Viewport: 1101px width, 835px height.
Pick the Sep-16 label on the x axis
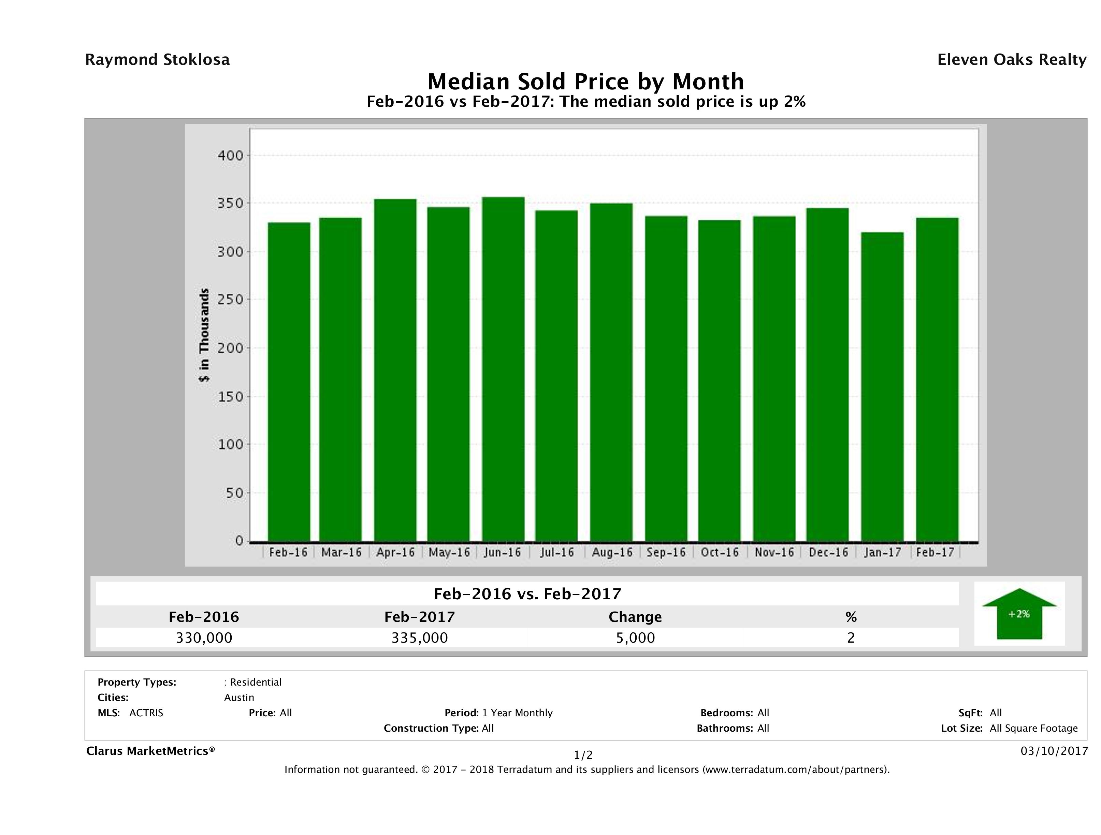point(666,552)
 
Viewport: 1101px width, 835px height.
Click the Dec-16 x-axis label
point(828,552)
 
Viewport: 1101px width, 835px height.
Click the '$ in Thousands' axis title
point(204,335)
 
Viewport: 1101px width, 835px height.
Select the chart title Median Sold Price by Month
point(585,81)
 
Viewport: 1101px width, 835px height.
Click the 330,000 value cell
point(204,638)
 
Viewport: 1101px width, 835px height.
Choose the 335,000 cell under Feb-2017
point(420,638)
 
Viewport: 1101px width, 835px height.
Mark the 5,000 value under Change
point(635,638)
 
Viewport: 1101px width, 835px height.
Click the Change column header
point(635,617)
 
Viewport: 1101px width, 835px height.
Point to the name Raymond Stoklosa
point(157,60)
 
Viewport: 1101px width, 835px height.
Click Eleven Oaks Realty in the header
point(1011,60)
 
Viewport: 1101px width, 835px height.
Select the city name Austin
point(239,698)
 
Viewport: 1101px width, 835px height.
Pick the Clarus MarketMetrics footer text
point(150,751)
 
